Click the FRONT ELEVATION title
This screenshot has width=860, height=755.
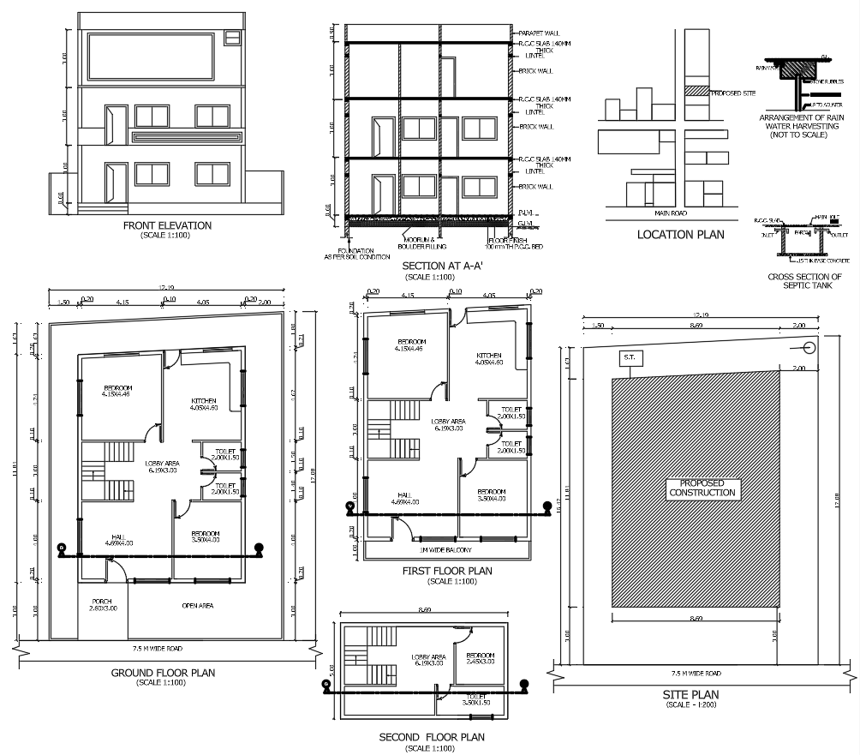[x=167, y=225]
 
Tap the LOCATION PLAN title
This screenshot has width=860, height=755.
[x=680, y=234]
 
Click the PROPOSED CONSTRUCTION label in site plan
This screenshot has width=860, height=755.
[x=702, y=488]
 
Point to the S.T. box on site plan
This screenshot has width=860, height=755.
[x=630, y=357]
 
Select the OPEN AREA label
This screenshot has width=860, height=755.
[x=199, y=605]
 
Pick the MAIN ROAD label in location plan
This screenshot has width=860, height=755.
[x=673, y=213]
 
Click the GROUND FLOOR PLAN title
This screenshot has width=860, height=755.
[x=163, y=673]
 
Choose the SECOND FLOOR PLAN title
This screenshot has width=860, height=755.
[x=432, y=737]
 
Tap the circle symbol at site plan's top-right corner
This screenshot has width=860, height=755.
[x=808, y=348]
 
